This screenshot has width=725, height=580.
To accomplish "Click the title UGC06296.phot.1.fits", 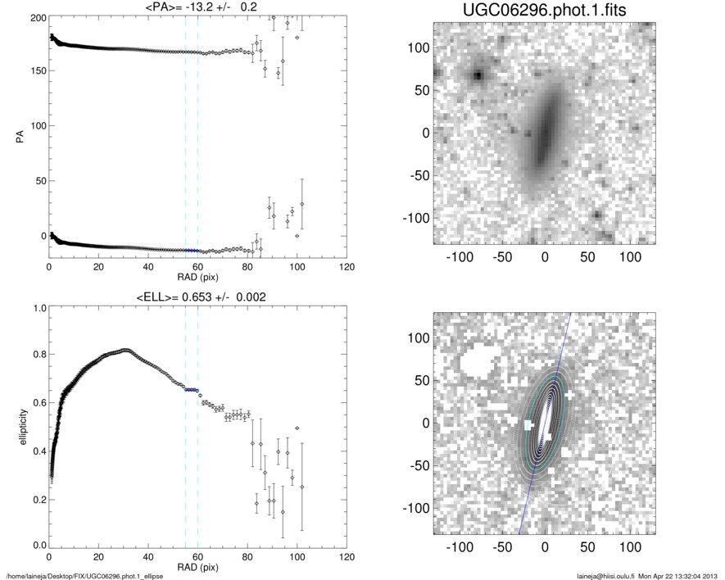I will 544,9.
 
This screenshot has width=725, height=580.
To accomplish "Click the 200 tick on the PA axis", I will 36,17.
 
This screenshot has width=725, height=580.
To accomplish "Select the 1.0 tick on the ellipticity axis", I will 38,308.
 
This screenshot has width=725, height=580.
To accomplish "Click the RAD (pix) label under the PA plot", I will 197,276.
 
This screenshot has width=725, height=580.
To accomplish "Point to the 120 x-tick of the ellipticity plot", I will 347,556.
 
